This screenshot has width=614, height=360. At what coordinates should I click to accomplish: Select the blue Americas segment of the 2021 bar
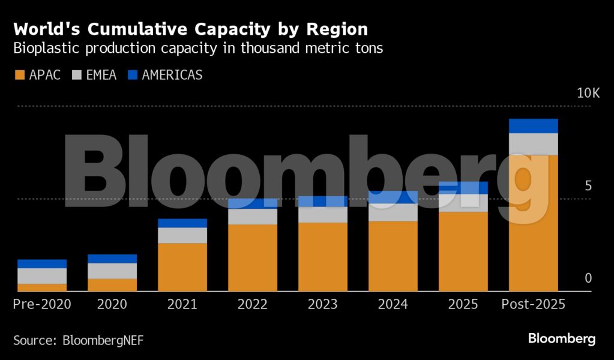pyautogui.click(x=182, y=223)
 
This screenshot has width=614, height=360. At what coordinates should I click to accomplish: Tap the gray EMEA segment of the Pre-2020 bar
pyautogui.click(x=42, y=276)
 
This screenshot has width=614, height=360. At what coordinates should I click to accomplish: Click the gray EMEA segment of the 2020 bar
pyautogui.click(x=112, y=271)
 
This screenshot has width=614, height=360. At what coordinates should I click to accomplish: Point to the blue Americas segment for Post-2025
pyautogui.click(x=534, y=126)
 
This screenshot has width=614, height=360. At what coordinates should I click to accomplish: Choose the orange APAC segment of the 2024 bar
pyautogui.click(x=393, y=256)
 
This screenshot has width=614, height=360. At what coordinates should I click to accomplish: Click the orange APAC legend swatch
pyautogui.click(x=19, y=75)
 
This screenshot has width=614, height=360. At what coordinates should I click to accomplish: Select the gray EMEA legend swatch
pyautogui.click(x=77, y=75)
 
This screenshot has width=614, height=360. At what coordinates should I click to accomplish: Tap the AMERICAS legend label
pyautogui.click(x=172, y=75)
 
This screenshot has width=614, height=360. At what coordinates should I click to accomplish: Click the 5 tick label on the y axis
pyautogui.click(x=588, y=186)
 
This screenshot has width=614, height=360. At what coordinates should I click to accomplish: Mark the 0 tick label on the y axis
pyautogui.click(x=588, y=278)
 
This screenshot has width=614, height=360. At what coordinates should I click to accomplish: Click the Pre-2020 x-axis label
pyautogui.click(x=42, y=304)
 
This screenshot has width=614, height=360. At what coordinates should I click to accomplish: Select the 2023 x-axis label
pyautogui.click(x=323, y=304)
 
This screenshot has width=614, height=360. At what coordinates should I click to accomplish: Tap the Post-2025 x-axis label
pyautogui.click(x=534, y=304)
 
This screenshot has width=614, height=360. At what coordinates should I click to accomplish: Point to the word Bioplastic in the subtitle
pyautogui.click(x=48, y=49)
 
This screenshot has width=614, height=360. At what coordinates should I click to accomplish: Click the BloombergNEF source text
pyautogui.click(x=103, y=340)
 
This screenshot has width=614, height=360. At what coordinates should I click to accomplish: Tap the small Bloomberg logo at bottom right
pyautogui.click(x=562, y=339)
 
